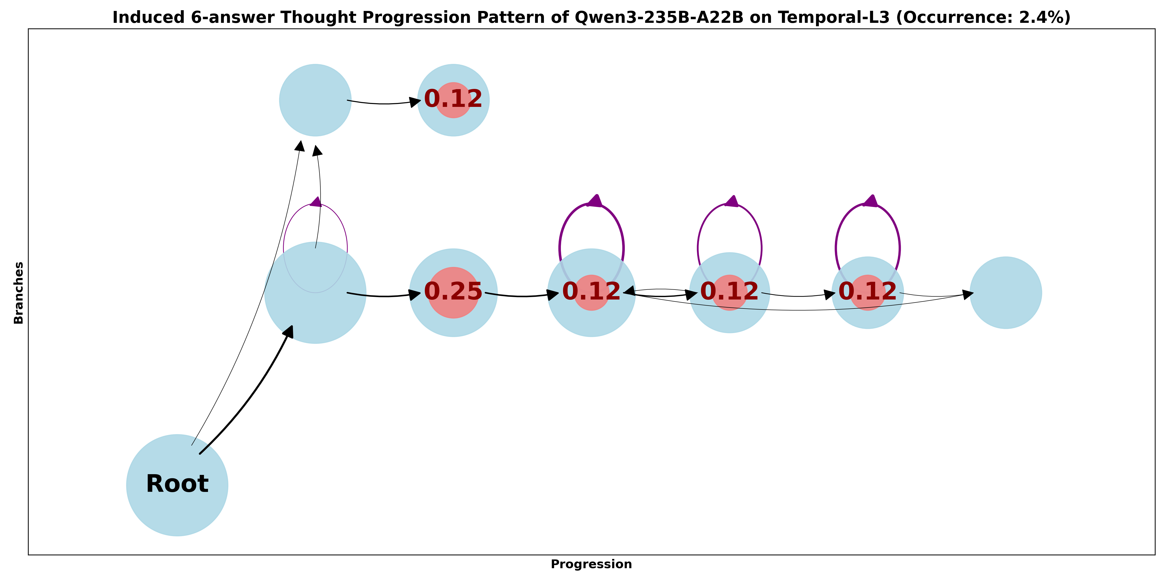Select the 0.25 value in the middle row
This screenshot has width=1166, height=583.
[453, 291]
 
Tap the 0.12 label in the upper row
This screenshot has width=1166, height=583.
[453, 99]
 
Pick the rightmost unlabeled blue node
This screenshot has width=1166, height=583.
[1005, 292]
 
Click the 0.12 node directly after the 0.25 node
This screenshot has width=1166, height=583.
[591, 291]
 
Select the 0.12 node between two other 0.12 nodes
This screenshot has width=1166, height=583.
[729, 291]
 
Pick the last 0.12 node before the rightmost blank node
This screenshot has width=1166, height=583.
[867, 291]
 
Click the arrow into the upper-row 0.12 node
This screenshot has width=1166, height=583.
[385, 103]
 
